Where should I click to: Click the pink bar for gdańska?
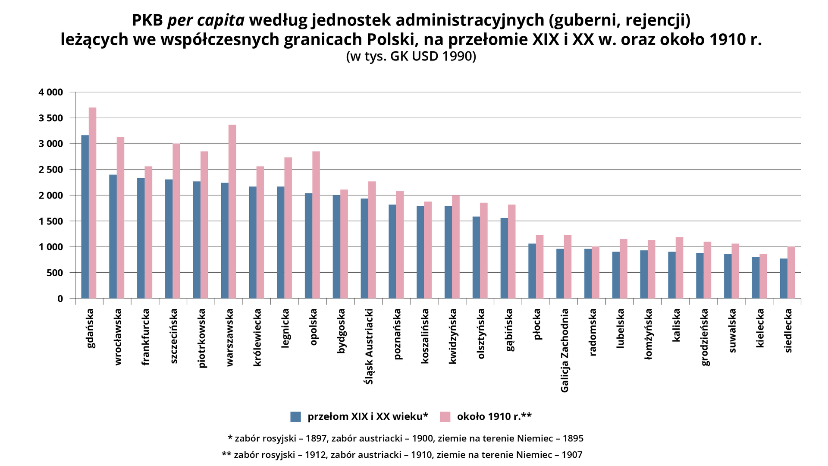(92, 203)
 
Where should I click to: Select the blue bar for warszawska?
(225, 240)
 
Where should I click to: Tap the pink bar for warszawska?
(232, 211)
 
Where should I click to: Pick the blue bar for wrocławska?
(113, 236)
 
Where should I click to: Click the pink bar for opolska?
(316, 225)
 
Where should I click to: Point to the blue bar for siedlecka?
(784, 278)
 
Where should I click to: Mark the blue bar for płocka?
(532, 271)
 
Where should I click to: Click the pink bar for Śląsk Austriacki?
(372, 240)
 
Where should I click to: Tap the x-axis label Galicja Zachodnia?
(565, 350)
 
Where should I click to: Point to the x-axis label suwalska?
(732, 331)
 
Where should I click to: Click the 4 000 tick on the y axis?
(51, 92)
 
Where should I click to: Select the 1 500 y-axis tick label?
(51, 221)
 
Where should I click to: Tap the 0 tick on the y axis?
(60, 299)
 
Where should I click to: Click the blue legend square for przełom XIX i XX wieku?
(295, 416)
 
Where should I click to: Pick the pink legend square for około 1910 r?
(445, 416)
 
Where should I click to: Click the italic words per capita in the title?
(206, 20)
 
